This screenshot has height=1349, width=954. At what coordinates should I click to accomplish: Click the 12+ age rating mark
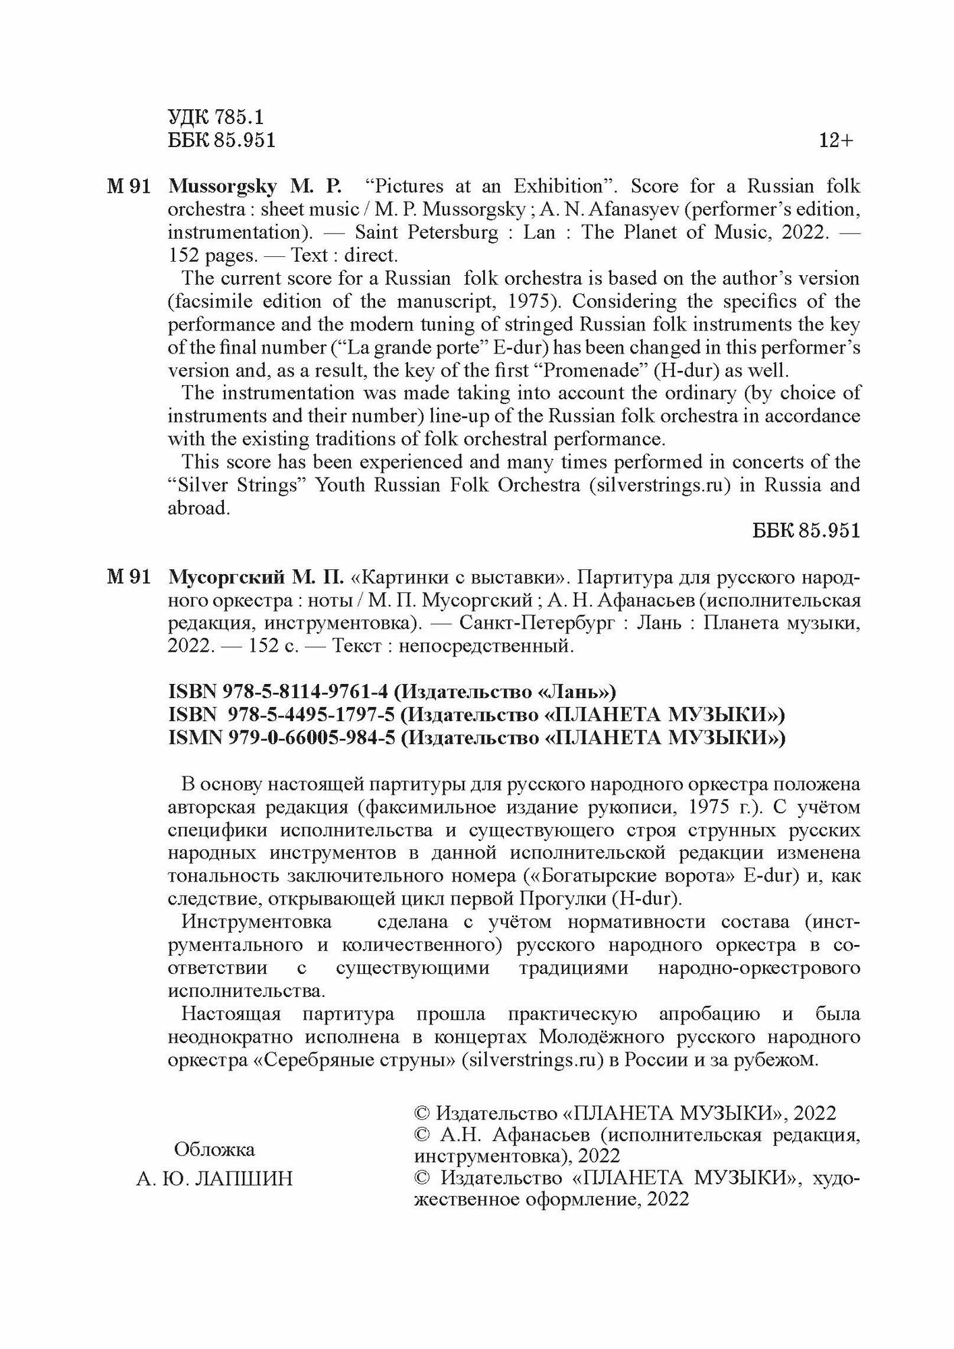coord(836,141)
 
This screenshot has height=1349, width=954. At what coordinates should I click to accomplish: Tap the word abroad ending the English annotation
coord(199,508)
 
